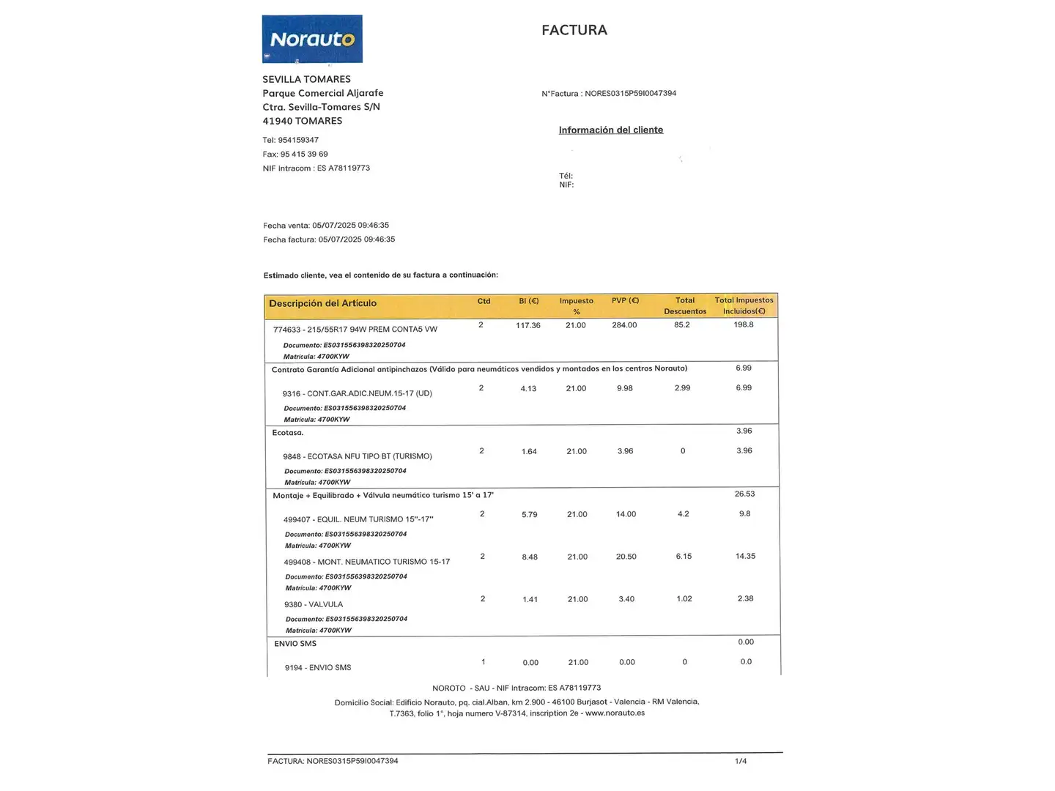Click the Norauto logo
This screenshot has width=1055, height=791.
pyautogui.click(x=312, y=39)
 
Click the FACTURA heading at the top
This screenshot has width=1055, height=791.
pyautogui.click(x=574, y=30)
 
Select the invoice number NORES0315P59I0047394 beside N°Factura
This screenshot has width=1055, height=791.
pyautogui.click(x=630, y=94)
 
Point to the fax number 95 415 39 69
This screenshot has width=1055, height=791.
pyautogui.click(x=304, y=154)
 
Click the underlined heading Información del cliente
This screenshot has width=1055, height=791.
pyautogui.click(x=610, y=130)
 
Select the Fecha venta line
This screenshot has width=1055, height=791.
pyautogui.click(x=326, y=226)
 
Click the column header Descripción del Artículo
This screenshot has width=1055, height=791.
pyautogui.click(x=322, y=303)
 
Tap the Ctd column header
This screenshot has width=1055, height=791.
pyautogui.click(x=484, y=301)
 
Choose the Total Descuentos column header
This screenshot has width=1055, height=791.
pyautogui.click(x=685, y=305)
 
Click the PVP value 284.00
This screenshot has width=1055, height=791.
pyautogui.click(x=624, y=325)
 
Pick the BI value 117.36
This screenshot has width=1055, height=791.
pyautogui.click(x=527, y=325)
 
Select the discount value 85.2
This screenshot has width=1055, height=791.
pyautogui.click(x=681, y=324)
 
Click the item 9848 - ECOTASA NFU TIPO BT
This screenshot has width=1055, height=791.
pyautogui.click(x=358, y=456)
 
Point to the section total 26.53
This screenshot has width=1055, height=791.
pyautogui.click(x=744, y=494)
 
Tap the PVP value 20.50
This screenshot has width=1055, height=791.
pyautogui.click(x=626, y=557)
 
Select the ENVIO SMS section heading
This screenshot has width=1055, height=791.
pyautogui.click(x=295, y=644)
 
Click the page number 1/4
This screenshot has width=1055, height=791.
pyautogui.click(x=741, y=761)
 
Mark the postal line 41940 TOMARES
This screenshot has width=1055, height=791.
pyautogui.click(x=302, y=121)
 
